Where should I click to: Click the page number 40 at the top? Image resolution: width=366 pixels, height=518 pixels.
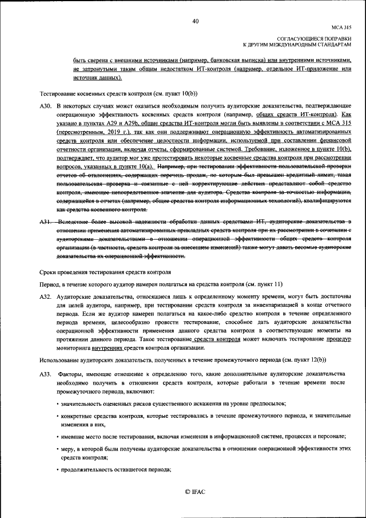195,21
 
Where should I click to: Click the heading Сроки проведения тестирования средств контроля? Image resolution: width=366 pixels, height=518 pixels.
105,272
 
